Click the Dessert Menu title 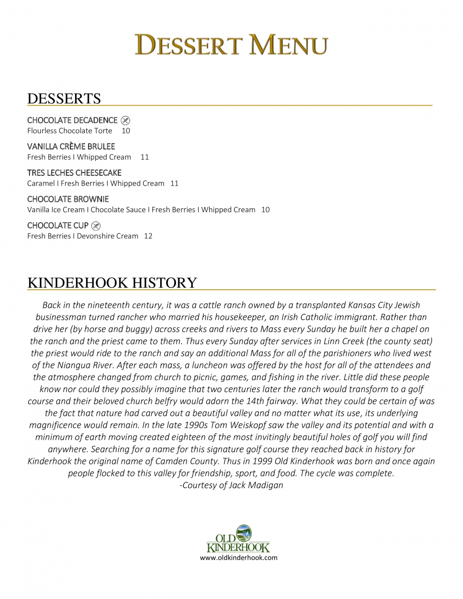click(231, 45)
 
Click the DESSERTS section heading click(64, 99)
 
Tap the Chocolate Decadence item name click(72, 120)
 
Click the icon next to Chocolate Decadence click(125, 120)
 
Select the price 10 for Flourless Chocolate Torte click(126, 131)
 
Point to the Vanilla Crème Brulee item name click(71, 147)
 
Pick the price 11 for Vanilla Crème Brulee click(144, 157)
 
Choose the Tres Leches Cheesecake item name click(74, 173)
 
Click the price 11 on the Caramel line click(174, 184)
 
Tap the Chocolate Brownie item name click(68, 200)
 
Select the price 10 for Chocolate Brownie click(265, 210)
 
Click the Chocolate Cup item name click(58, 226)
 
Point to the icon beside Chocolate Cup click(96, 226)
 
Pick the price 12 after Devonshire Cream click(148, 237)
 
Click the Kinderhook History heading click(112, 283)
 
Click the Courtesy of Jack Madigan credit click(231, 485)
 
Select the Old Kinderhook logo click(238, 538)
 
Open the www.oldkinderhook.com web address click(238, 558)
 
